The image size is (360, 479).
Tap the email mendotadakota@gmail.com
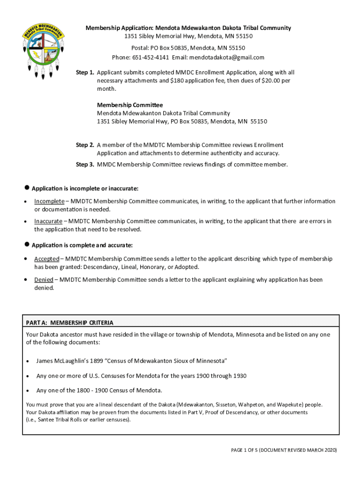click(x=227, y=58)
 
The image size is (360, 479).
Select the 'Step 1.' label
click(x=86, y=73)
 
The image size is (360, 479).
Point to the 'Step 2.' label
click(x=86, y=145)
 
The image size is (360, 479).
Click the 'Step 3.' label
click(x=86, y=164)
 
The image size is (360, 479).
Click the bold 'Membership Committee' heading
click(x=130, y=105)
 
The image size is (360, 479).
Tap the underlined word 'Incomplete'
click(x=49, y=201)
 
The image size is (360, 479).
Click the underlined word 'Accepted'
click(x=46, y=259)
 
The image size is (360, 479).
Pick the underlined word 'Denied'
click(x=43, y=280)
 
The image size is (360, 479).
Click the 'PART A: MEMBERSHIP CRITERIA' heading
click(x=70, y=323)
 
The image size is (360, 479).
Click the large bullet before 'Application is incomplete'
click(x=27, y=188)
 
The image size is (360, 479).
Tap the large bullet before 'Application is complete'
click(x=27, y=245)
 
